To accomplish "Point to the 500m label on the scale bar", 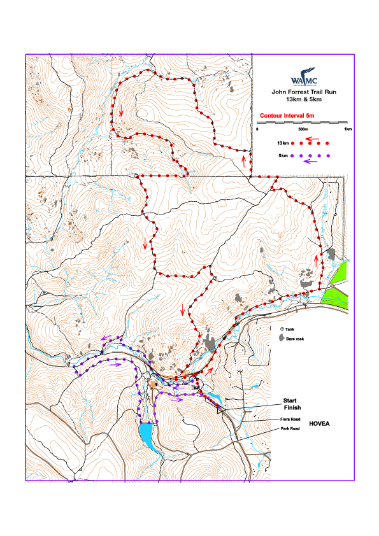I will click(303, 129).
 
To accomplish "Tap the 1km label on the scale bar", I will click(348, 129).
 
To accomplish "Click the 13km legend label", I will click(284, 143).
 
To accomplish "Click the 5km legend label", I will click(282, 155).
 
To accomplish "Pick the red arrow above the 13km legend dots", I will click(311, 137).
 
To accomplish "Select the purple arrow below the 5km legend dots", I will click(311, 162).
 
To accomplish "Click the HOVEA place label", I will click(322, 423).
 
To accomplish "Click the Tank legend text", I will click(290, 329).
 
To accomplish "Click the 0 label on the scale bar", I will click(257, 129).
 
